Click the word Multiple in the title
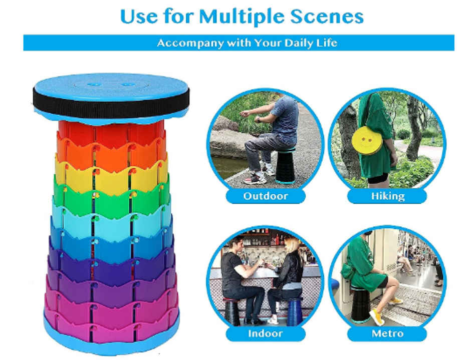[242, 17]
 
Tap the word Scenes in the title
[327, 17]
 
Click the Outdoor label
[266, 196]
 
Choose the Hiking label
[387, 196]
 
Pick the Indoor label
[266, 333]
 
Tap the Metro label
[387, 333]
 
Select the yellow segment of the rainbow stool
[111, 178]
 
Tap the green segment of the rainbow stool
[111, 199]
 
